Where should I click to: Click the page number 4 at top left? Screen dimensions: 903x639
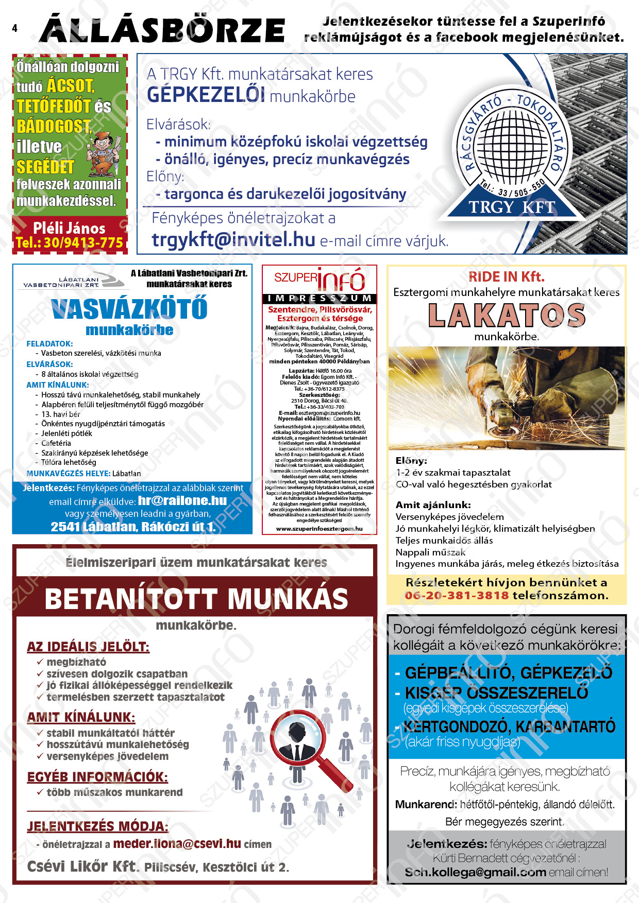[14, 28]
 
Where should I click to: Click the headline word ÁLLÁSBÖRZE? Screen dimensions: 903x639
[162, 30]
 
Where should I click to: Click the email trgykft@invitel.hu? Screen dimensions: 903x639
[233, 239]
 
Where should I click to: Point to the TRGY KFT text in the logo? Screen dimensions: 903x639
[511, 207]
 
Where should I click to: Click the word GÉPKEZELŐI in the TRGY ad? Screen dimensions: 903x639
[206, 95]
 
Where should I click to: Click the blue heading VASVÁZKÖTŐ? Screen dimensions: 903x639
[129, 309]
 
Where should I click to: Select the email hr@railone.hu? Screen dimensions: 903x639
[182, 500]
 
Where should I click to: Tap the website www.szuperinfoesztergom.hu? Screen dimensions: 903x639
[319, 529]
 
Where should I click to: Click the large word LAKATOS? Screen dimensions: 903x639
[507, 316]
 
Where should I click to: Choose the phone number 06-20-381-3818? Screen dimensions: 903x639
[457, 596]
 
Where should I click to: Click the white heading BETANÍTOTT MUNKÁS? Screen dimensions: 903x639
[196, 599]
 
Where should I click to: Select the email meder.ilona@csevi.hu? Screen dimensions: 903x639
[177, 844]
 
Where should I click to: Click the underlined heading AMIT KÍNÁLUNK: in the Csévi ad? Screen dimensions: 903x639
[81, 717]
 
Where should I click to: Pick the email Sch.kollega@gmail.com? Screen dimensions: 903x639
[475, 873]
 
